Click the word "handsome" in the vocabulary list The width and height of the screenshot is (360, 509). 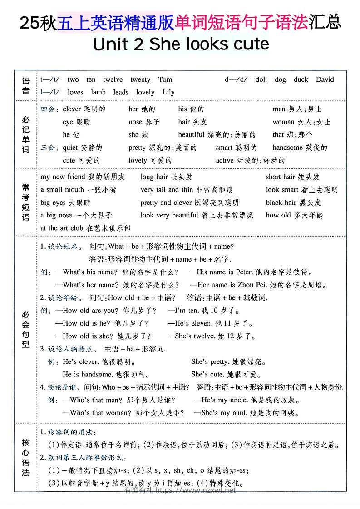coord(288,148)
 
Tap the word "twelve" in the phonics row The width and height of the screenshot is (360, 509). coord(113,79)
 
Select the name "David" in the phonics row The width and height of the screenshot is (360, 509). coord(325,79)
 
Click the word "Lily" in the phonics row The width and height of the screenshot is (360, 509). coord(168,92)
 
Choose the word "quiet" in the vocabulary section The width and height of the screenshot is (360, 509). coord(70,148)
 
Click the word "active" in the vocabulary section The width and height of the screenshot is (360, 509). coord(225,160)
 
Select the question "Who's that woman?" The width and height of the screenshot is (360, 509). coord(94,413)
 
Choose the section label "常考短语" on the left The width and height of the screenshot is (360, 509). coord(25,202)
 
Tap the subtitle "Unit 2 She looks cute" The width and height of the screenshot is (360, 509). coord(181,44)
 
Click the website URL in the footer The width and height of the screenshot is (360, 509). coord(196,490)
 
